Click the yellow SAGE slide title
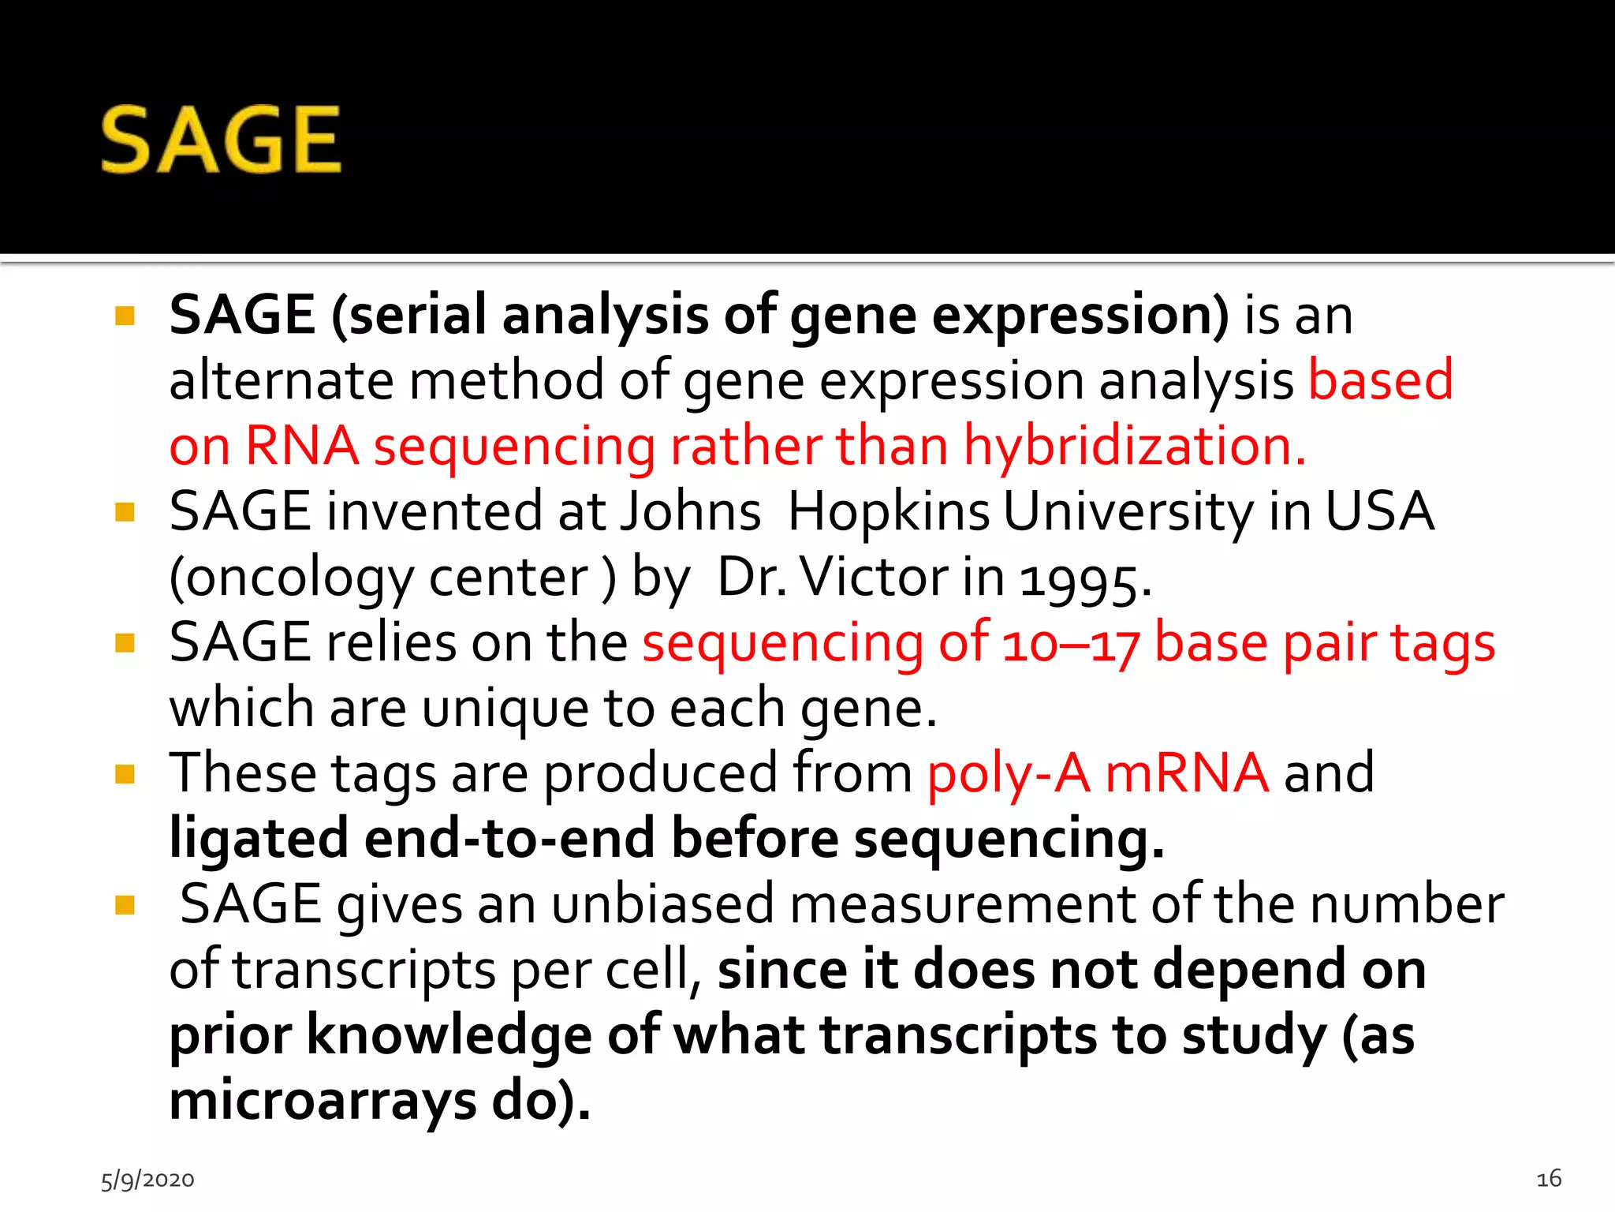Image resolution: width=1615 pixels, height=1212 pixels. pos(222,140)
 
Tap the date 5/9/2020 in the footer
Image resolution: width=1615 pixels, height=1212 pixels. pos(147,1180)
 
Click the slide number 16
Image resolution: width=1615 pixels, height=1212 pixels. pos(1549,1178)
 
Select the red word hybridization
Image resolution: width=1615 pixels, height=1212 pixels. pos(1135,446)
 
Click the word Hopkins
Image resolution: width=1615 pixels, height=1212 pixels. pos(889,511)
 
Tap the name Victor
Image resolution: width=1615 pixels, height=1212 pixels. pos(874,577)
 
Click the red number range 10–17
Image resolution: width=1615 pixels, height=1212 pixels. pos(1070,644)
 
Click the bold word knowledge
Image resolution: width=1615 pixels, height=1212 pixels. pos(449,1034)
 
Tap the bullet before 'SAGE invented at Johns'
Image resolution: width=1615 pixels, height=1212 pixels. pos(125,512)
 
